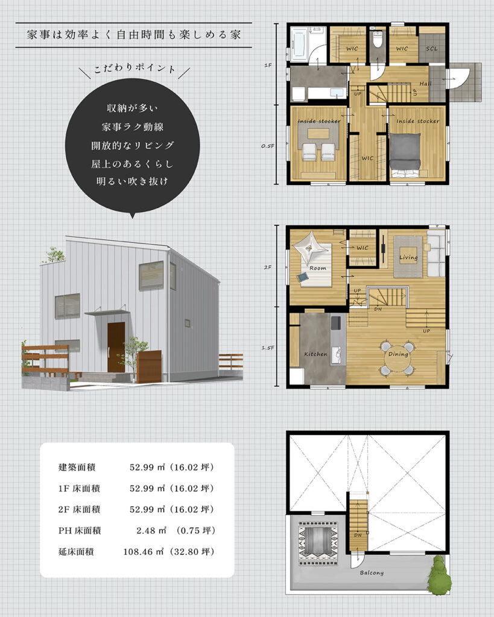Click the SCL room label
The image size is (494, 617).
point(431,48)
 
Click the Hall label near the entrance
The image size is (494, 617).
point(425,83)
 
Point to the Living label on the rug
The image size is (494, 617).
point(408,257)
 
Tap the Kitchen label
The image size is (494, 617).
point(315,354)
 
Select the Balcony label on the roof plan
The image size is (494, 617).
point(372,572)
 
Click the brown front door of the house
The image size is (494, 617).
point(116,347)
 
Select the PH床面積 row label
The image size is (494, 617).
point(80,530)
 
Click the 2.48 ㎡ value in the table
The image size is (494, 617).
point(151,530)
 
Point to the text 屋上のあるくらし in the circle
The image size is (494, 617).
point(132,164)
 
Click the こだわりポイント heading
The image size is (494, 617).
point(135,68)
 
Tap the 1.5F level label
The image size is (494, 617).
point(267,348)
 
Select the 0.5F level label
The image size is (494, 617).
point(267,146)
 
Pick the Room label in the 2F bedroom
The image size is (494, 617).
point(317,268)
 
